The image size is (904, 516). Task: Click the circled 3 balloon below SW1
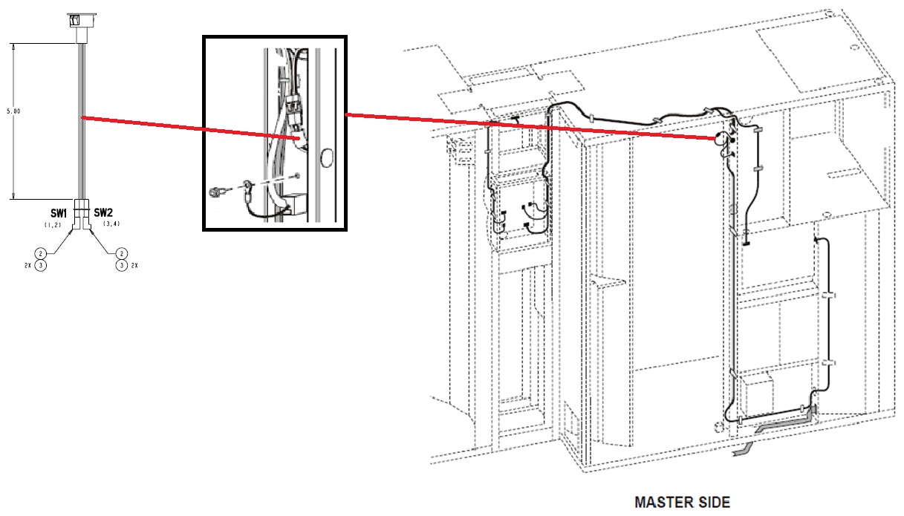[x=42, y=265]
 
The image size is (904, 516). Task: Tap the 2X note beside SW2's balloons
[x=134, y=265]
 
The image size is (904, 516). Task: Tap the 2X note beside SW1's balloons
[x=28, y=265]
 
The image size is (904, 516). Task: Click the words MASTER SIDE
[x=682, y=502]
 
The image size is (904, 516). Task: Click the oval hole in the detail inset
[x=325, y=157]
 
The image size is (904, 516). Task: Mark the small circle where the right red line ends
[x=721, y=139]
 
